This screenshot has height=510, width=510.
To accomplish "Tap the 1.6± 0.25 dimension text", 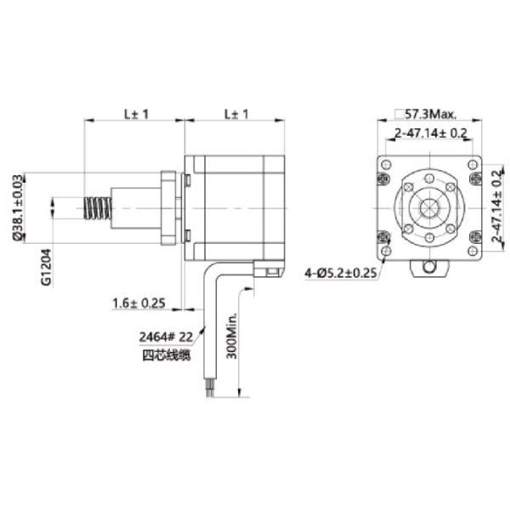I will [x=139, y=303].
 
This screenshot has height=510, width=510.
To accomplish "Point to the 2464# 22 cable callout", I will [x=166, y=337].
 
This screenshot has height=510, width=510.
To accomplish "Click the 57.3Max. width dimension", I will [x=430, y=113].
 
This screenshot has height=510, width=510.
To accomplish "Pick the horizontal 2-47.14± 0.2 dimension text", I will [x=431, y=133].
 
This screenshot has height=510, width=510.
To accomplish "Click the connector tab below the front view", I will [x=430, y=269].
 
